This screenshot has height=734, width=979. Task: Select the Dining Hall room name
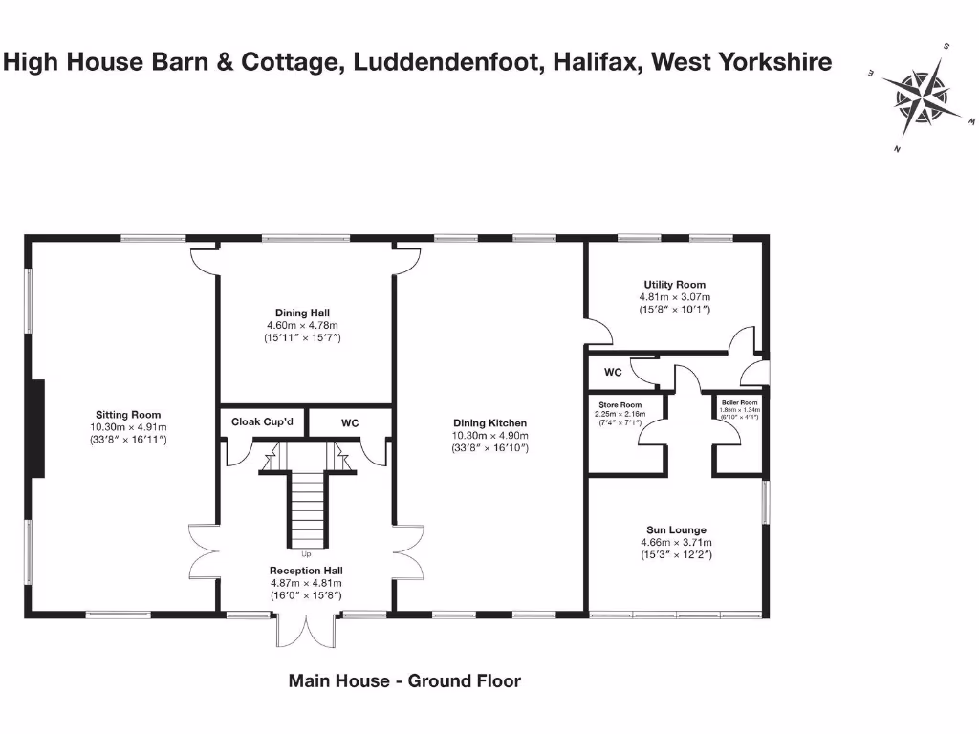pos(302,313)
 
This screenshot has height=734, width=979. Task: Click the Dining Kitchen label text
pos(489,422)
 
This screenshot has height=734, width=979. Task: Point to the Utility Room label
pos(674,285)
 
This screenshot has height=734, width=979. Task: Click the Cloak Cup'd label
pos(255,421)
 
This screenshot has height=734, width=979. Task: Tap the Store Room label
pos(620,405)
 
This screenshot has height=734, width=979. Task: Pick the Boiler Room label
pos(740,402)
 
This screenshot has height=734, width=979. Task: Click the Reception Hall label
pos(305,571)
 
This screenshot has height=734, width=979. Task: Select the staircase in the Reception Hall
pos(308,507)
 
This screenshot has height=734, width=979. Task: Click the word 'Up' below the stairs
pos(306,553)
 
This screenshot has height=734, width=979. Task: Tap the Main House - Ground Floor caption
pos(404,681)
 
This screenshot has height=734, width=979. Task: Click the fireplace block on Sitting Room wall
pos(37,417)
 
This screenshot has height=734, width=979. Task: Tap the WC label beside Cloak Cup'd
pos(351,421)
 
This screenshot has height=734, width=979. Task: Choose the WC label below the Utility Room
pos(612,371)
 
